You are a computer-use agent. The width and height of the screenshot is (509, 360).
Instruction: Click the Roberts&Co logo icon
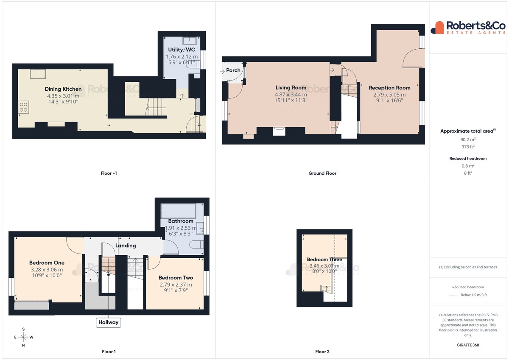437,28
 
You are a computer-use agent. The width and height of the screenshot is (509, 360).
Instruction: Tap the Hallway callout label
109,322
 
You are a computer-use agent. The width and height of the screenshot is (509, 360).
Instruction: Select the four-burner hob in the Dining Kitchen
23,107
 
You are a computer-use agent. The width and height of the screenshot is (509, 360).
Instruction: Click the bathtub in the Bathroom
178,211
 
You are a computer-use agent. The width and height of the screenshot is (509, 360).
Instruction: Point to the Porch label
233,70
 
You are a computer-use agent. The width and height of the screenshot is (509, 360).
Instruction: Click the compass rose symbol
23,337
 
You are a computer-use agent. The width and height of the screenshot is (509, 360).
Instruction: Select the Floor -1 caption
109,173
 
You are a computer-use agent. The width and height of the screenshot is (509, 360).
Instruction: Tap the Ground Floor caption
322,173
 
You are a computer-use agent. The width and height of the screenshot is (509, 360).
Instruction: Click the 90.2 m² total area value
468,140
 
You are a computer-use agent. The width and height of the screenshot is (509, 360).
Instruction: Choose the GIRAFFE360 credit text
468,345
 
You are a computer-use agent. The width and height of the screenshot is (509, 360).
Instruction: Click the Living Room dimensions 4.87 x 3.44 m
291,95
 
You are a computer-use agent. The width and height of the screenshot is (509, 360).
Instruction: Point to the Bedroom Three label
324,260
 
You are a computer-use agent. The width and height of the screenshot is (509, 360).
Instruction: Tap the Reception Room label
389,88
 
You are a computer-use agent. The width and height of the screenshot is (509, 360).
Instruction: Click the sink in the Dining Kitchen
38,74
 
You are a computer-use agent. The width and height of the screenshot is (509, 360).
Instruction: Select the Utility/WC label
182,50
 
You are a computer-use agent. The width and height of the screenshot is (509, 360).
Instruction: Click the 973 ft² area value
468,147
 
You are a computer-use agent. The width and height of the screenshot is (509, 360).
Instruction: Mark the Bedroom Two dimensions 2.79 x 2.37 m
176,285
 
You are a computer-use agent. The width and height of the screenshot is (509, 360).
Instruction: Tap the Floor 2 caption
322,352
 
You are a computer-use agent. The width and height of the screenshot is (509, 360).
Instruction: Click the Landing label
126,246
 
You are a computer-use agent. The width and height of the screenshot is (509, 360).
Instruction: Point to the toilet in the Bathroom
196,245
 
